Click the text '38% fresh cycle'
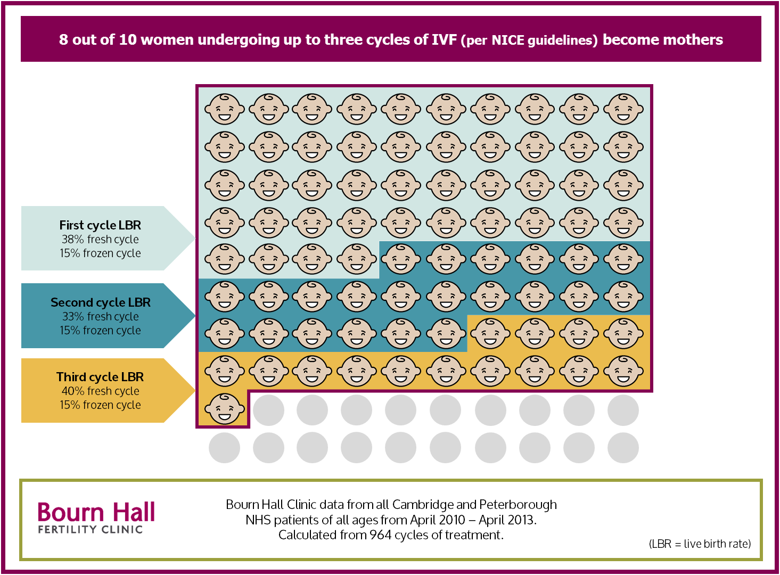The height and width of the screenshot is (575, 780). tap(100, 240)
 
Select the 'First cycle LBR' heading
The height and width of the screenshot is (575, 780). tap(100, 225)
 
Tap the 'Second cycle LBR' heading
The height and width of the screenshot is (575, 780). tap(100, 302)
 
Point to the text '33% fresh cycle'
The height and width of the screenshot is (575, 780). tap(100, 317)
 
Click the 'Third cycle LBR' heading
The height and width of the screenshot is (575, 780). tap(100, 377)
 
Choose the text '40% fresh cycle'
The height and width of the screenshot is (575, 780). tap(100, 391)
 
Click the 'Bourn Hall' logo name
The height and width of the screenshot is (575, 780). tap(96, 512)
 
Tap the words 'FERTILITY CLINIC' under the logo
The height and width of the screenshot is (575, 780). tap(91, 530)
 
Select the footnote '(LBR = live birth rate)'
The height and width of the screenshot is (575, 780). tap(700, 544)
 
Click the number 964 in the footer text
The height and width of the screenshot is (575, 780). tap(380, 535)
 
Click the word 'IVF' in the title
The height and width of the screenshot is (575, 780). tap(444, 40)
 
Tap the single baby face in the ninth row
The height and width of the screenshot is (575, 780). tap(225, 409)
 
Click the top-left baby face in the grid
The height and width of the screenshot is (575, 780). tap(225, 109)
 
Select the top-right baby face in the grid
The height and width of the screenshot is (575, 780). tap(623, 109)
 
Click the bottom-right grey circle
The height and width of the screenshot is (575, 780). tap(623, 448)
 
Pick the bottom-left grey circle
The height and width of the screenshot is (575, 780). tap(225, 448)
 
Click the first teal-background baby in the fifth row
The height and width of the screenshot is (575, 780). tap(401, 259)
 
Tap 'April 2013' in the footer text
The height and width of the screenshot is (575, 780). tap(507, 520)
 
